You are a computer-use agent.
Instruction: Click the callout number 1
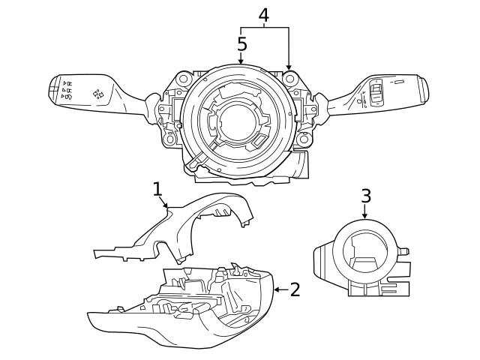[157, 188]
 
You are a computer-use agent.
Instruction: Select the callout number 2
[295, 289]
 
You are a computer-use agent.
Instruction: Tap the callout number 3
[365, 196]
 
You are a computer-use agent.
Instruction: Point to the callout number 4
[264, 14]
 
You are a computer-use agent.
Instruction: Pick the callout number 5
[241, 43]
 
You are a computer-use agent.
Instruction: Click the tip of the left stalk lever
[52, 87]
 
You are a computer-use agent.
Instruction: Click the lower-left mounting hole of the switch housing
[171, 139]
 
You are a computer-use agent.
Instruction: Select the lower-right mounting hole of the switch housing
[303, 139]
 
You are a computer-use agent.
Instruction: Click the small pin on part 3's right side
[406, 251]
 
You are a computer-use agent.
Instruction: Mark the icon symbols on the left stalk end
[67, 90]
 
